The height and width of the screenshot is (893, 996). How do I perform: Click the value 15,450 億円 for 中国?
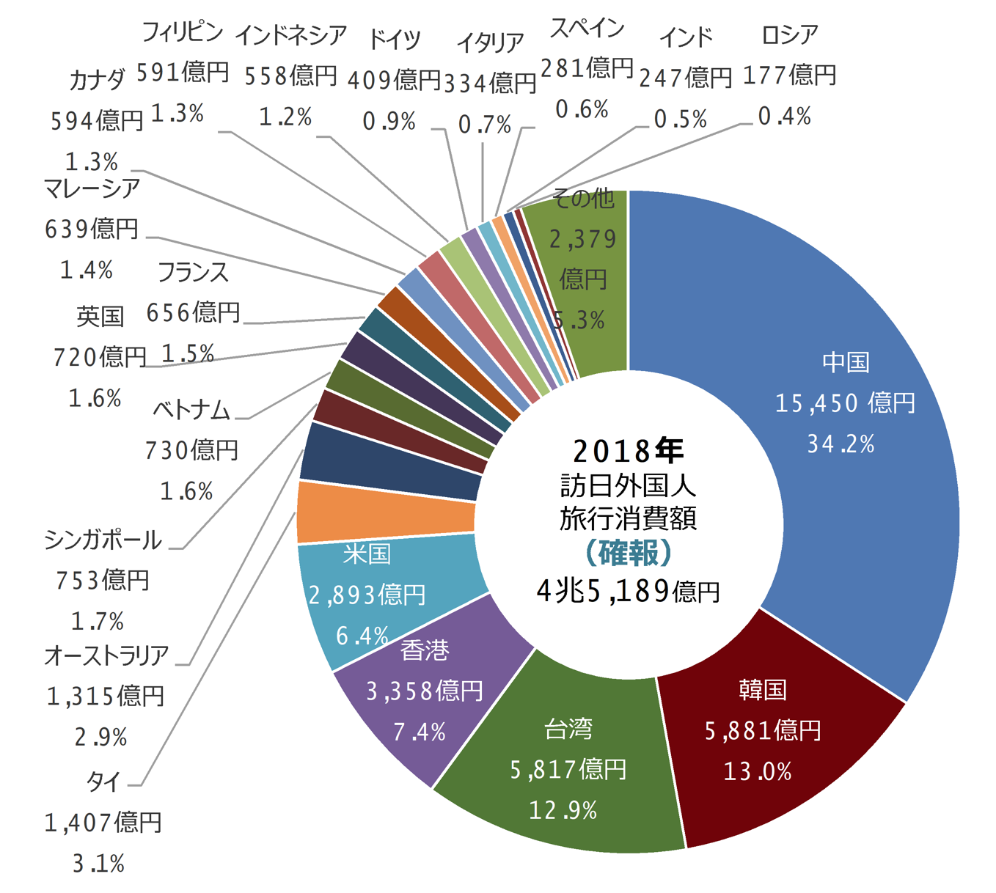pyautogui.click(x=845, y=403)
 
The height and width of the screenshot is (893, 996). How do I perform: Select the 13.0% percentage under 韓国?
pyautogui.click(x=758, y=771)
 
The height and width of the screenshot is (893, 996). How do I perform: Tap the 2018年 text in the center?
pyautogui.click(x=628, y=451)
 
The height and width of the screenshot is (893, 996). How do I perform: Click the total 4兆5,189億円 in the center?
pyautogui.click(x=628, y=591)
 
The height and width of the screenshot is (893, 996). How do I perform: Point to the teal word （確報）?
pyautogui.click(x=628, y=554)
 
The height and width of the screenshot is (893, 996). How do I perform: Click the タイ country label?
pyautogui.click(x=103, y=782)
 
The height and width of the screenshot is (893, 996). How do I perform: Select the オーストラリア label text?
pyautogui.click(x=106, y=655)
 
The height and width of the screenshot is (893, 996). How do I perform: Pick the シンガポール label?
pyautogui.click(x=103, y=540)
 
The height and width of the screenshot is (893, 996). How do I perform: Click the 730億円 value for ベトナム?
pyautogui.click(x=191, y=449)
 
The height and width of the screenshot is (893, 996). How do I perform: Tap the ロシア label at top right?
pyautogui.click(x=789, y=34)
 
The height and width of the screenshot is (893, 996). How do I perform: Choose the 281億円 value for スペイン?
pyautogui.click(x=587, y=68)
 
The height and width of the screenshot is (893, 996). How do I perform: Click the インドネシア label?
pyautogui.click(x=290, y=34)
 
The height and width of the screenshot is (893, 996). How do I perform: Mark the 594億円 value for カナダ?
pyautogui.click(x=97, y=121)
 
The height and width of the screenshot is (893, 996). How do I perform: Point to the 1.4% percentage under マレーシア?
pyautogui.click(x=87, y=271)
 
